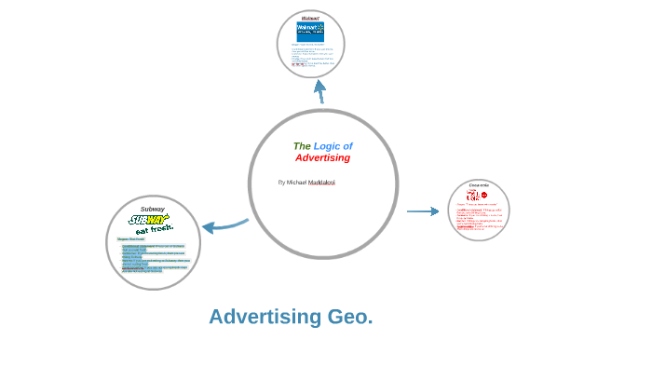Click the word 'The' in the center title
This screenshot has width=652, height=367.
pos(302,146)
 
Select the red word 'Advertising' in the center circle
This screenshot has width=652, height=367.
pos(322,158)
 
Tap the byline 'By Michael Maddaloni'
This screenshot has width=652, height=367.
pos(306,183)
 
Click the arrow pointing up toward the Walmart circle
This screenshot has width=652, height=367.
pos(320,91)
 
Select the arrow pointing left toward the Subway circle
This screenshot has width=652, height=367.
pos(224,224)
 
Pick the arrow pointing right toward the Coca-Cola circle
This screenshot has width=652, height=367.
pos(422,211)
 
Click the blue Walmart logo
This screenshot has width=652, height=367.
pos(310,31)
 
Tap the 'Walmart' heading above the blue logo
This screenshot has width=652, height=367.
pos(310,18)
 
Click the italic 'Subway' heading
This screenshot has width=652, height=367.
pos(153,209)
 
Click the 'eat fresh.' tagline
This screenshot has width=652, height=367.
pos(155,229)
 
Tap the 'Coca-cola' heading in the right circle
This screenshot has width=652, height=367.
pos(479,185)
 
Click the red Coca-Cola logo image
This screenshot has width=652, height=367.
pos(477,196)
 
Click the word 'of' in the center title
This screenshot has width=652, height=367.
pos(347,146)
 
